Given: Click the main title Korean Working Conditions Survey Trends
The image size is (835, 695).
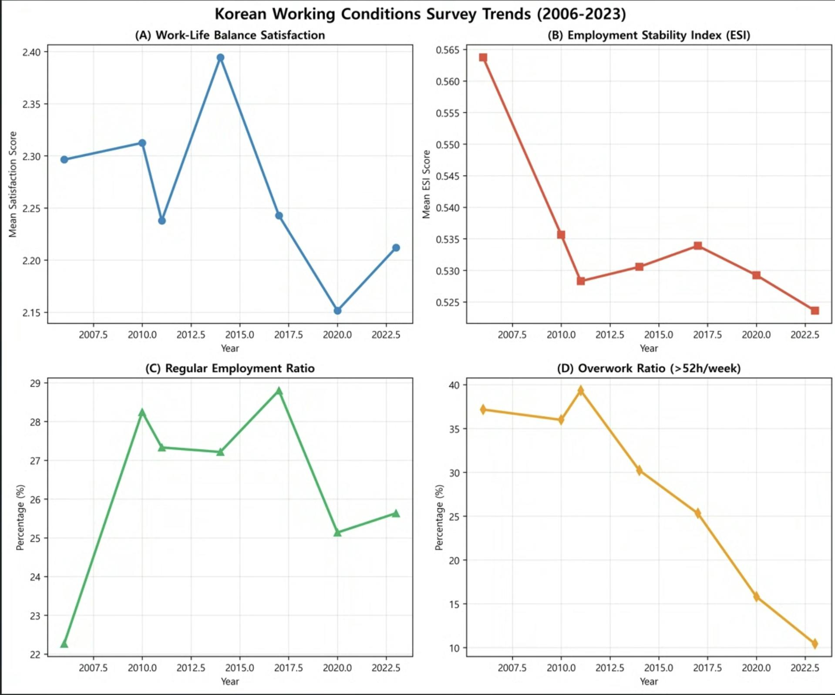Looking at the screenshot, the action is coord(420,14).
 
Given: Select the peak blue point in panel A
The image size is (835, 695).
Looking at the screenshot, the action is coord(220,57).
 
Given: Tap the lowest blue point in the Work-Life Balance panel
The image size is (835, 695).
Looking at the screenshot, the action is coord(337,310).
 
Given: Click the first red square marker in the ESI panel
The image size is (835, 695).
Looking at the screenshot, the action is coord(483,57).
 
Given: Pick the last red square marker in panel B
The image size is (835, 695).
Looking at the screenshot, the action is coord(815,310).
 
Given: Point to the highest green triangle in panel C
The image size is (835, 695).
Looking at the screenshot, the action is coord(279,391).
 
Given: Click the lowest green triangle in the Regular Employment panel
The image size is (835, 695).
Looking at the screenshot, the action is coord(64,644).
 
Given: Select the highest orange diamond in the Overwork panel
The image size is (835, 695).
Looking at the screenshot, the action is coord(580,390).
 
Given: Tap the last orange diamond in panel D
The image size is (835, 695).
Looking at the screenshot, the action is coord(815,643).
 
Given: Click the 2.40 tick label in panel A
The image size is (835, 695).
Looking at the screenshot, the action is coord(31,52).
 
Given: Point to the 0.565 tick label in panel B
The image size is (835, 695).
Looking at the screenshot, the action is coord(448,50).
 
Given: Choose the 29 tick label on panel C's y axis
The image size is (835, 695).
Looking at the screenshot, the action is coord(35,383).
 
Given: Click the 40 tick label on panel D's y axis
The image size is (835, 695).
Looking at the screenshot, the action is coord(454,385).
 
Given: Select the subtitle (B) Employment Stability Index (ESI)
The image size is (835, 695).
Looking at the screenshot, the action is coord(649,35).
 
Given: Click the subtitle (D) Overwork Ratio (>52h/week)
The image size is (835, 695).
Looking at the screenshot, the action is coord(649,368).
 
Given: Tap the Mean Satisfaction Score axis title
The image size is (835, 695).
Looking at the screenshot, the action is coord(13,184).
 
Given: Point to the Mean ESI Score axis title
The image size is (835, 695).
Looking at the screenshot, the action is coord(426,184).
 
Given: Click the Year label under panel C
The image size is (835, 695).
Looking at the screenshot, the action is coord(230,681).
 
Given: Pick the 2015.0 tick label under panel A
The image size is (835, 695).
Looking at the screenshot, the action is coord(239,335).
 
